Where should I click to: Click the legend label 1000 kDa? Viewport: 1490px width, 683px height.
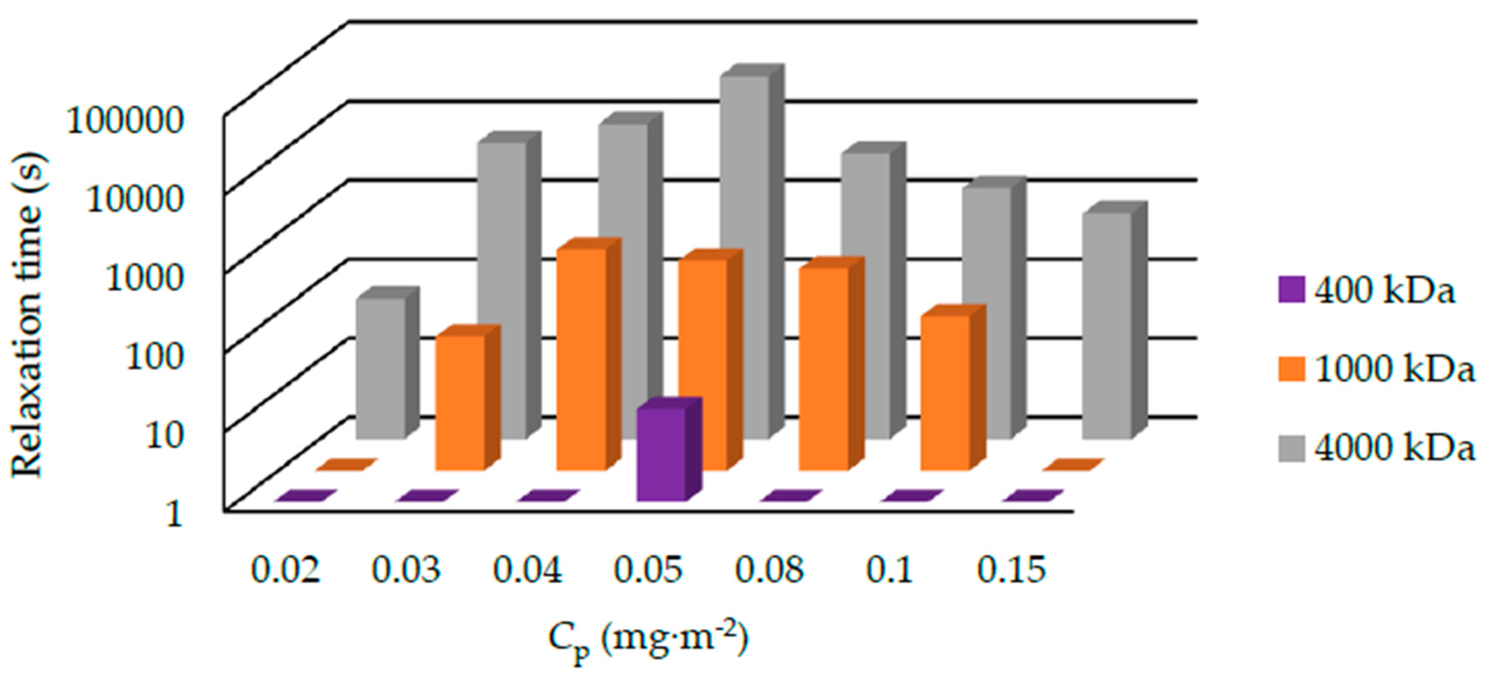[x=1394, y=369]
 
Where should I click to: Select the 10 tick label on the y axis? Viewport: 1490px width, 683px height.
[x=164, y=435]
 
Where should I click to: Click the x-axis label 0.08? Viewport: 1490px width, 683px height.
[x=769, y=570]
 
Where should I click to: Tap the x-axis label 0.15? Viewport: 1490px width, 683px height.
[x=1011, y=570]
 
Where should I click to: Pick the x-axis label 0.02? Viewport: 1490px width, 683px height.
[x=285, y=570]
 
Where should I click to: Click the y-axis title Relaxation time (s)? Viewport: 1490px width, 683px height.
[x=28, y=316]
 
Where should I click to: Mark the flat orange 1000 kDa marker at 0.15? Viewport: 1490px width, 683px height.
[x=1073, y=464]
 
